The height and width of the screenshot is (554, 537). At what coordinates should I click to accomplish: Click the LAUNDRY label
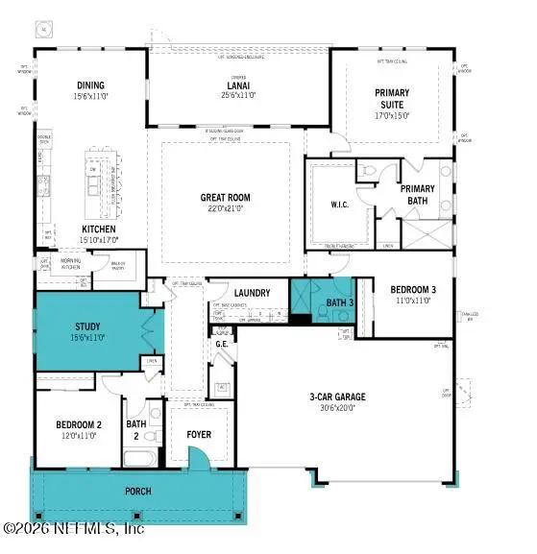[252, 293]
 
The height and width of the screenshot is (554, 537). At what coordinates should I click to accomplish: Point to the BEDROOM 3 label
[414, 289]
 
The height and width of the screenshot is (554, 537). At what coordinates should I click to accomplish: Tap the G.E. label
[222, 344]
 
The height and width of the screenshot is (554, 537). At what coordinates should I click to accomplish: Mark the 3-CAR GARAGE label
[336, 396]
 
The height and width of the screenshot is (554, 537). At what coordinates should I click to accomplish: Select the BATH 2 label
[137, 429]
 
